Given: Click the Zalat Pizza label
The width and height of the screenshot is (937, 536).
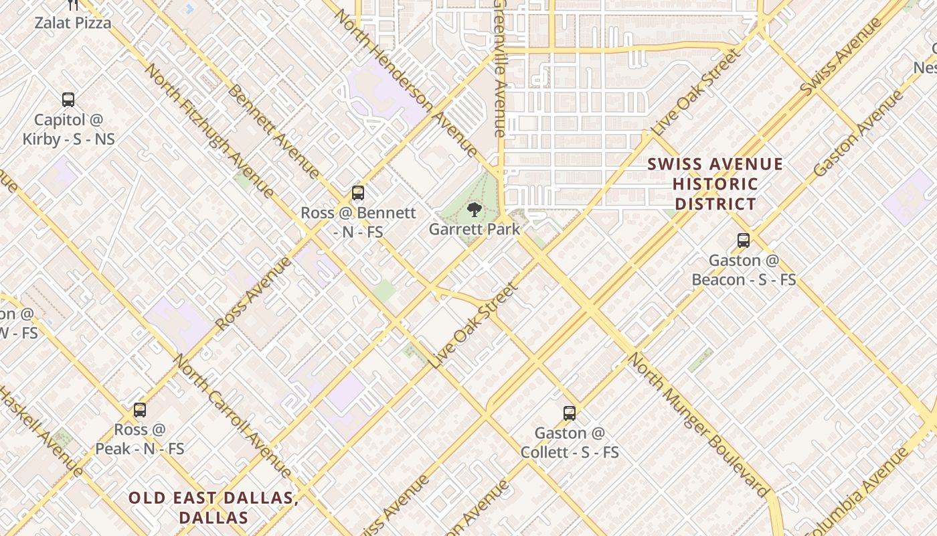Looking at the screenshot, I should [x=73, y=23].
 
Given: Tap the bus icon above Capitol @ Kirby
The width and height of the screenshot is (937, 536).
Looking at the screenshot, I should [x=68, y=100].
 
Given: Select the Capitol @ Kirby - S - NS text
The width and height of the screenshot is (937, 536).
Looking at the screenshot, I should [x=68, y=129].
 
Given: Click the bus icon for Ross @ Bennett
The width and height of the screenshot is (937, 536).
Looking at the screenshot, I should [x=358, y=193].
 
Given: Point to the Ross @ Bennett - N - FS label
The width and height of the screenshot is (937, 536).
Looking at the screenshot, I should [x=358, y=222].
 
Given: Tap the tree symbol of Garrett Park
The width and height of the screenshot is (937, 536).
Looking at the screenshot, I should [x=474, y=210].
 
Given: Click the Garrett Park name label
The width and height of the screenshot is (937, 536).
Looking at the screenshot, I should [x=474, y=229].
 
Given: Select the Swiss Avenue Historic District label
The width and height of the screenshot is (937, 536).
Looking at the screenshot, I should [x=715, y=184].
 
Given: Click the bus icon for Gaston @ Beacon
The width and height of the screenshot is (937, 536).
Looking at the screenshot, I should [x=743, y=241].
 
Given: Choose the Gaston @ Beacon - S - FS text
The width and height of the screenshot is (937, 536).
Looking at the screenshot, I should [x=744, y=270].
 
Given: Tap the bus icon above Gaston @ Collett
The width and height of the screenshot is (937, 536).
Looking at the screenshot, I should [x=570, y=413].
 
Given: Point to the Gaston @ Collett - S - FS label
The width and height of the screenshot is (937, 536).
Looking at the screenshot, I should [x=570, y=443].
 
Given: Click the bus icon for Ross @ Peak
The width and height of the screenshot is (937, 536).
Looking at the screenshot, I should [x=140, y=409].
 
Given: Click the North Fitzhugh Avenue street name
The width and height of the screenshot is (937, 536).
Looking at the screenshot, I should [x=209, y=131].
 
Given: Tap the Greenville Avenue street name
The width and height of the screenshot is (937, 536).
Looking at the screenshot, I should [x=499, y=69].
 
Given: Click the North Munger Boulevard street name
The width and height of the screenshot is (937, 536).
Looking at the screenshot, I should [x=698, y=425].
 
